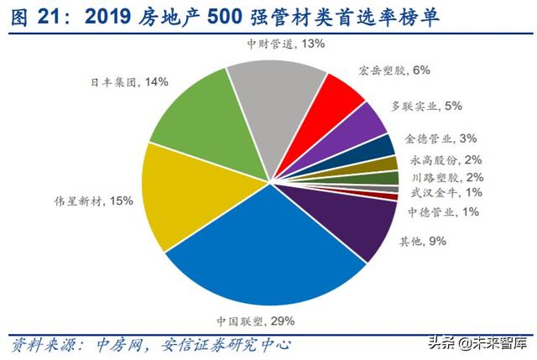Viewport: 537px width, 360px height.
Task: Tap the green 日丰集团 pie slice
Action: pos(189,117)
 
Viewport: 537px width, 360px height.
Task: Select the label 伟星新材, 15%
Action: pos(87,201)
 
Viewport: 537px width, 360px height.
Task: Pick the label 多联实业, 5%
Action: pos(428,107)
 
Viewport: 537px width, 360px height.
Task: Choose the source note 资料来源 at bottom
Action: pos(42,344)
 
